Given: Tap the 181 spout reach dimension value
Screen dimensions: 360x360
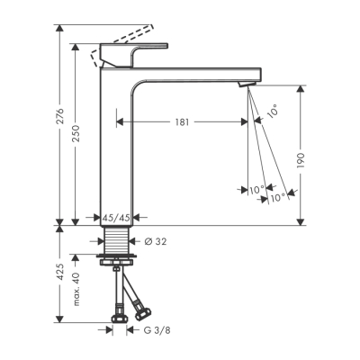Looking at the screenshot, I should (182, 121).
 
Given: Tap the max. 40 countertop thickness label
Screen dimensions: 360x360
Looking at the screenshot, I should (76, 292).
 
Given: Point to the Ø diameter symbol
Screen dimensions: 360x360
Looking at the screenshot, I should (148, 240).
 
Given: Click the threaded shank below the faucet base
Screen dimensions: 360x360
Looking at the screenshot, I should (115, 241).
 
